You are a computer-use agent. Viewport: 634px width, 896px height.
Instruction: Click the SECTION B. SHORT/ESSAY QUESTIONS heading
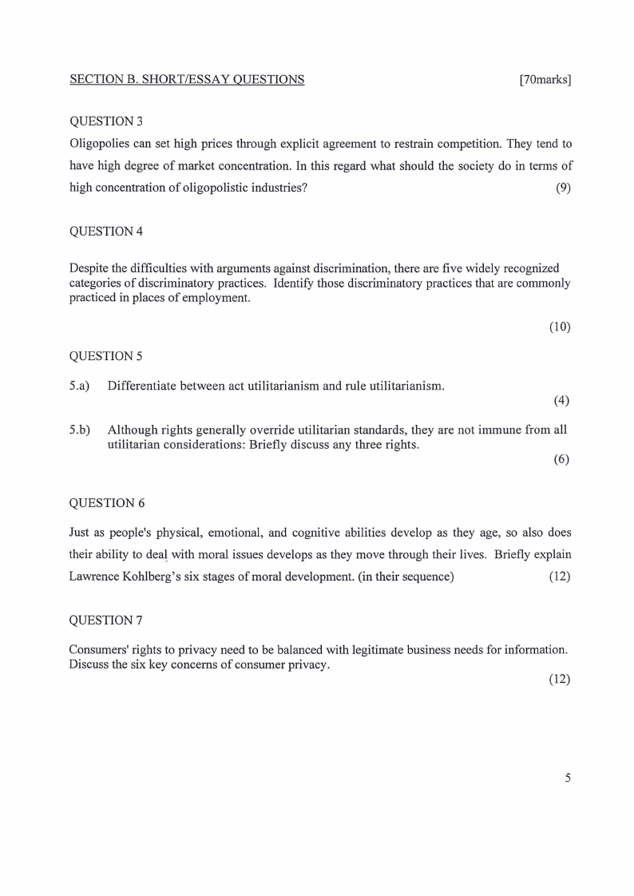point(187,79)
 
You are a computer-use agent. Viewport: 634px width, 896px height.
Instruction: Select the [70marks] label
point(545,79)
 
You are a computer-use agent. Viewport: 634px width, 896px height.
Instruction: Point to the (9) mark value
point(563,188)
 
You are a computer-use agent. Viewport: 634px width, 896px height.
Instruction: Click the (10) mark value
point(560,327)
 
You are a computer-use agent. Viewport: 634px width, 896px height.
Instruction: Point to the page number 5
point(567,777)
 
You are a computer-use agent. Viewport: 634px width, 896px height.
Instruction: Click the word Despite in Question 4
point(90,268)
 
